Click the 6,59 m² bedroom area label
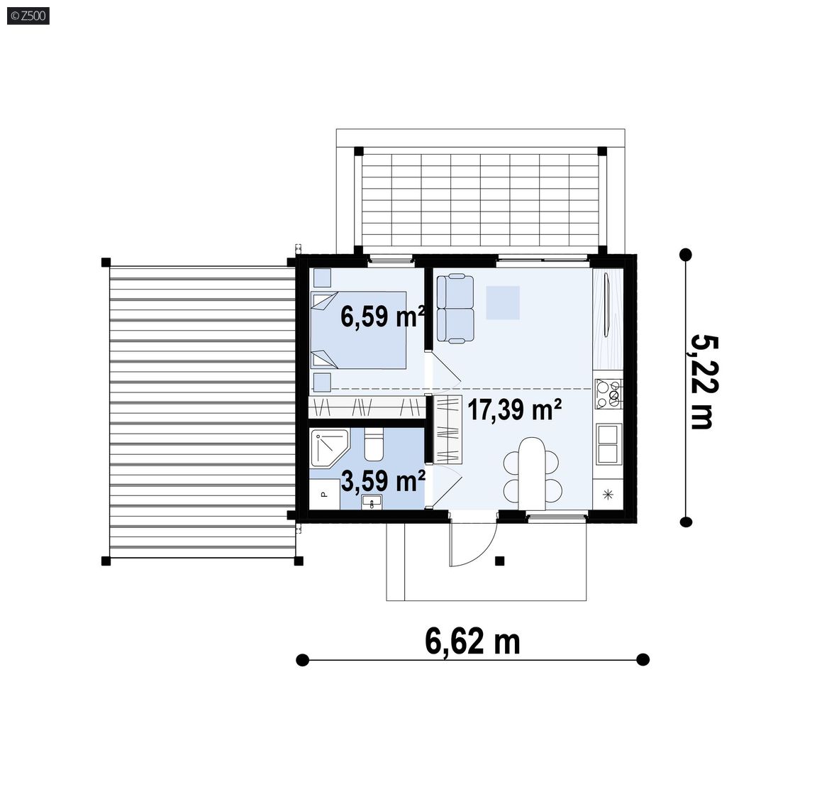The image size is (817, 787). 382,316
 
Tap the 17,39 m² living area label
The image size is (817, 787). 514,409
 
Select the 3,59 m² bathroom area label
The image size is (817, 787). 383,480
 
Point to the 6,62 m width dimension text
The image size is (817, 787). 472,641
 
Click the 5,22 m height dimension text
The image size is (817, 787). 704,382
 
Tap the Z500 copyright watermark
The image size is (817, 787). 28,16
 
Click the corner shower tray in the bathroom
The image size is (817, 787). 329,448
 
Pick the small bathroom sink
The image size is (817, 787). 372,502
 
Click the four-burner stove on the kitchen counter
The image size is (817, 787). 608,394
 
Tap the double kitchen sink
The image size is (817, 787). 608,444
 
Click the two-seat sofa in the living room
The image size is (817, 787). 455,309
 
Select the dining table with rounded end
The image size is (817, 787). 531,473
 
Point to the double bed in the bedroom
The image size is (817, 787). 358,330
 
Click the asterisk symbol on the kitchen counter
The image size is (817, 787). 608,495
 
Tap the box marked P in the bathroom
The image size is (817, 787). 325,495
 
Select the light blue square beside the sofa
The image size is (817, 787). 503,302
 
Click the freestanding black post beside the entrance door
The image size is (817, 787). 500,561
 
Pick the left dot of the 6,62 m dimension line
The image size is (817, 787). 302,660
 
